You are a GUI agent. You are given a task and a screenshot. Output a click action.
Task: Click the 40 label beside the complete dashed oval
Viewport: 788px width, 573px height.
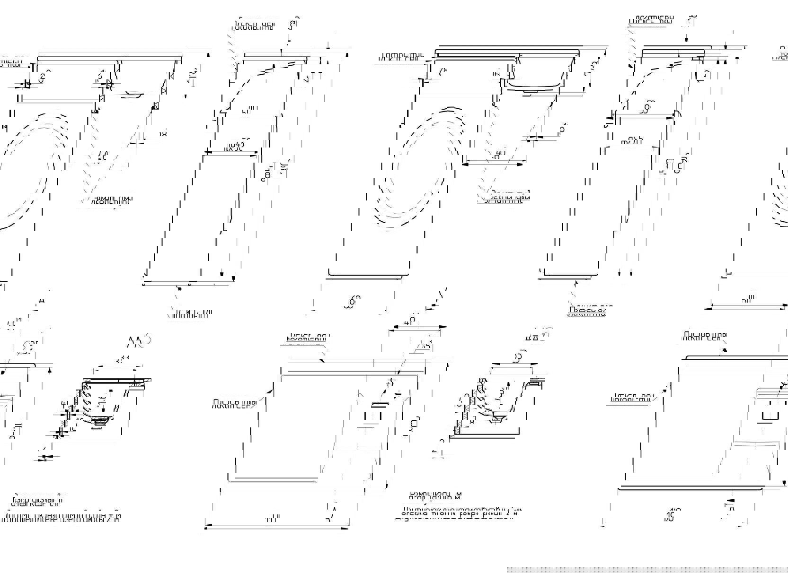500,154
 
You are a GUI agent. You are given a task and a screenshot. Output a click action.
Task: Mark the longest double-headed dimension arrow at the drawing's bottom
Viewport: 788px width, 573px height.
277,526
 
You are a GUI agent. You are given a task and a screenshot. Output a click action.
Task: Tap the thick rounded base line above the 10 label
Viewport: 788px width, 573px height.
691,487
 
